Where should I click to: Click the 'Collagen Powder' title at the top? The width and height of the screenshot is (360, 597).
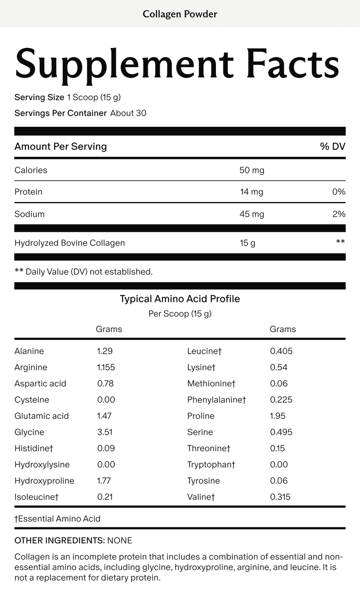tap(180, 14)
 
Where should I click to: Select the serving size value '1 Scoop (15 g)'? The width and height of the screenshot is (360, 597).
tap(94, 97)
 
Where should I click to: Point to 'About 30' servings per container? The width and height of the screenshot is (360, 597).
tap(128, 113)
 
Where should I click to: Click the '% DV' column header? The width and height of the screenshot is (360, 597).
tap(333, 146)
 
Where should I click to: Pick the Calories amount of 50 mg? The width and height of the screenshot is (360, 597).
tap(252, 170)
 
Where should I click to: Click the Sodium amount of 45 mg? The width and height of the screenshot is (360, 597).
tap(252, 214)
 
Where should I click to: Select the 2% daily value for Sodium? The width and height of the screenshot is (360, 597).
tap(339, 214)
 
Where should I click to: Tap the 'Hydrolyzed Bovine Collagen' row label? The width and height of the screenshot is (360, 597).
tap(70, 243)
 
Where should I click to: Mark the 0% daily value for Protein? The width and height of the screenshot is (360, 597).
tap(339, 192)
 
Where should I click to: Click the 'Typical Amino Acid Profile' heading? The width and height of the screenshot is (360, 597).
tap(180, 299)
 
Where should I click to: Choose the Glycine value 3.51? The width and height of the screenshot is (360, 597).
tap(105, 432)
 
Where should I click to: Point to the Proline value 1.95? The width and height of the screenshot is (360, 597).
tap(278, 416)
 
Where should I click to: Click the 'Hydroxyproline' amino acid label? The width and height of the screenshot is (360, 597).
tap(44, 480)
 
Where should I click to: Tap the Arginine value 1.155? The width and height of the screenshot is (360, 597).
tap(106, 367)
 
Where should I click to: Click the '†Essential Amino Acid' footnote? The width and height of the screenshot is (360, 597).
tap(58, 519)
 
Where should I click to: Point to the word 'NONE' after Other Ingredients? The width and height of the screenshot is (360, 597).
tap(120, 540)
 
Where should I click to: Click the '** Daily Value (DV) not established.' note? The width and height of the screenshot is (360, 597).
tap(84, 272)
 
